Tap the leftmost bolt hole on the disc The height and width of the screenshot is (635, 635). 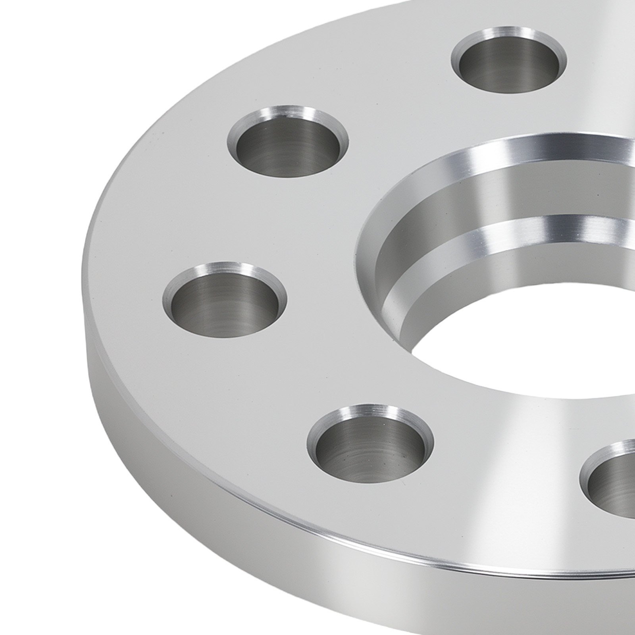pyautogui.click(x=225, y=300)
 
